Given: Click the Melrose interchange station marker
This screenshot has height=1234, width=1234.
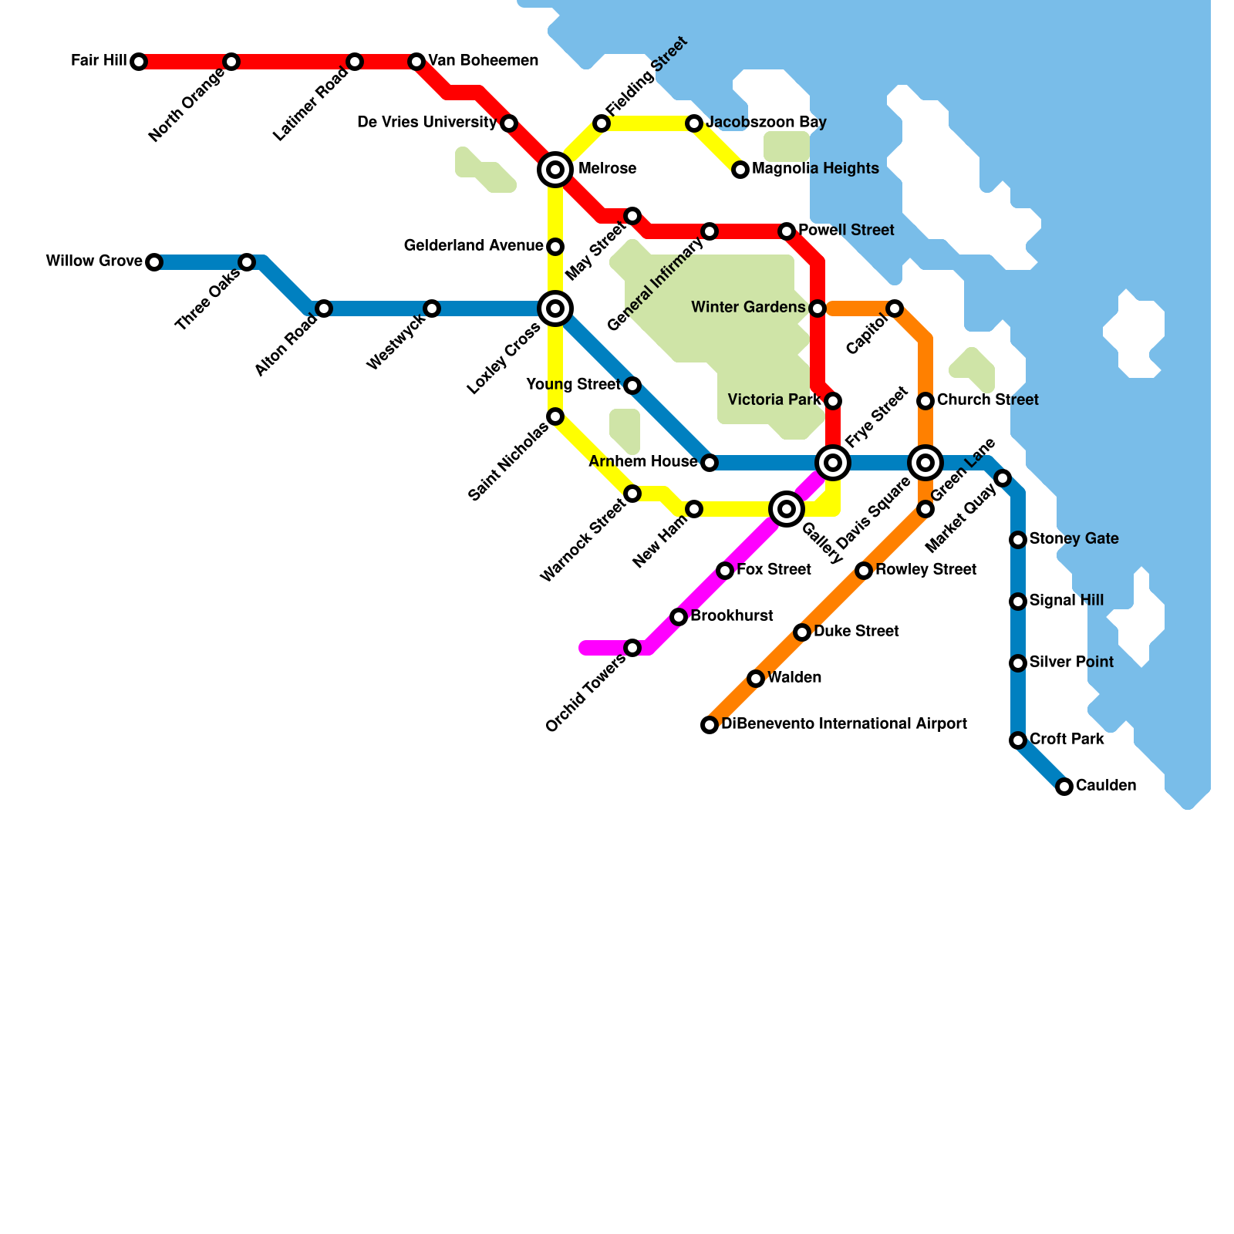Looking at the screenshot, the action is click(555, 169).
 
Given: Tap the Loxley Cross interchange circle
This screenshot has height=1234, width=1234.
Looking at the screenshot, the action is click(555, 308).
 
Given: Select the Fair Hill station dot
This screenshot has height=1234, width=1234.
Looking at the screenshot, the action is click(139, 62).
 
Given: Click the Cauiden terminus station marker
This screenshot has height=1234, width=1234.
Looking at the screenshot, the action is click(1064, 787).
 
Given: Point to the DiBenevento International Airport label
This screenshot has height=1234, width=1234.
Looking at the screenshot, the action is click(844, 724).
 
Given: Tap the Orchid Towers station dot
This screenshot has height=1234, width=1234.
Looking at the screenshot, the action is click(632, 648).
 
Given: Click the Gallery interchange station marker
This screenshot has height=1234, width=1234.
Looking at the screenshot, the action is click(787, 509).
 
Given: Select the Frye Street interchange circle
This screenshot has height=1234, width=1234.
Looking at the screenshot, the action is click(833, 463).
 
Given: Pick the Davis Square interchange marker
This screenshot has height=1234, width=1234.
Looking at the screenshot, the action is click(925, 463).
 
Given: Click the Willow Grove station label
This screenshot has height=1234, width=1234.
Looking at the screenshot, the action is click(94, 261).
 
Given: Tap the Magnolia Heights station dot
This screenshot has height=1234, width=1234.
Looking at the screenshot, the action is click(740, 170).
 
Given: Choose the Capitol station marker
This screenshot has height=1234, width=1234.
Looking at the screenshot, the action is click(895, 308).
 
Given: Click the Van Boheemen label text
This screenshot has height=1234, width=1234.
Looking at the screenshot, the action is click(483, 61).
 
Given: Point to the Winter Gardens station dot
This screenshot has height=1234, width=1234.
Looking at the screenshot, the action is click(818, 308).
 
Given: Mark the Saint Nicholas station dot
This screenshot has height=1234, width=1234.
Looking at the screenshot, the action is click(555, 416).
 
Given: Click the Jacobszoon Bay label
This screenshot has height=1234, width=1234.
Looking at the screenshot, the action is click(766, 123).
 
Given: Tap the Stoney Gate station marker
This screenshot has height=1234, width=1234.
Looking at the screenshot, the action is click(1018, 540).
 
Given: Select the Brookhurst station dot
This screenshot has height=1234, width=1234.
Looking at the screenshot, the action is click(679, 617).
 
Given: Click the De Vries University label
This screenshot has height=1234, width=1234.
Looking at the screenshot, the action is click(427, 123).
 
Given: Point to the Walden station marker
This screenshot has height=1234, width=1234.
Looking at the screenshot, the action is click(756, 679).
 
